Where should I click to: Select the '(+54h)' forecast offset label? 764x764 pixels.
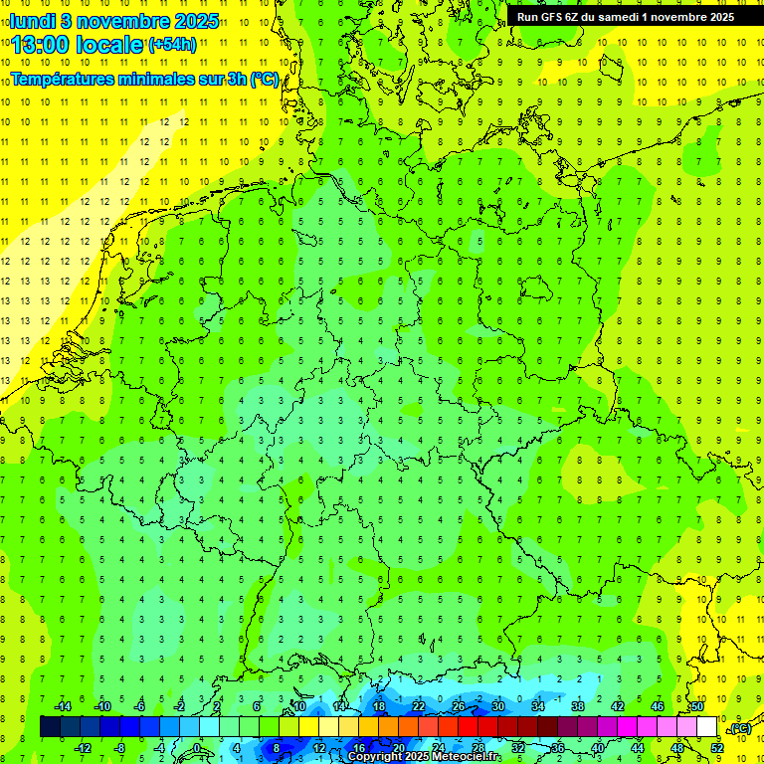171,45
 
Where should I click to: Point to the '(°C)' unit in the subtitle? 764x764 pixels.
264,81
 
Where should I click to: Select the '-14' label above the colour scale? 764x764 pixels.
62,706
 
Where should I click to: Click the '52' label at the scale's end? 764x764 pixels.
717,748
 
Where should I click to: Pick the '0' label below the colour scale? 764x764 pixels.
197,748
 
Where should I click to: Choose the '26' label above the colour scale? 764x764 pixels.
459,706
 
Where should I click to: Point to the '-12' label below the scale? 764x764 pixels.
84,748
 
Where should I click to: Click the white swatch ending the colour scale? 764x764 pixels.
707,727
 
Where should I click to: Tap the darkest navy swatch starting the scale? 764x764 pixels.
50,727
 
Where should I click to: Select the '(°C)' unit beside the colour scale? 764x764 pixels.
739,728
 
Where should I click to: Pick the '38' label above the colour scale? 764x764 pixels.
578,706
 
